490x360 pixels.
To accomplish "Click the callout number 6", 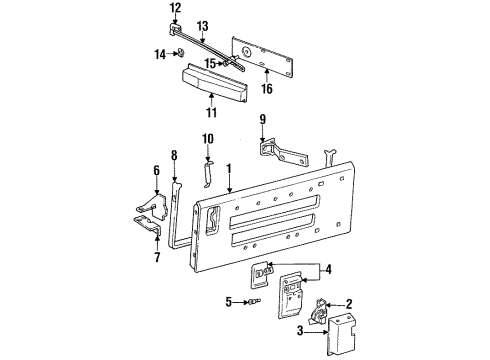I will (155, 170).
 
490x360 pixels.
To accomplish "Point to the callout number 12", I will (176, 9).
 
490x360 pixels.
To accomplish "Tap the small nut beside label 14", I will (178, 54).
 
